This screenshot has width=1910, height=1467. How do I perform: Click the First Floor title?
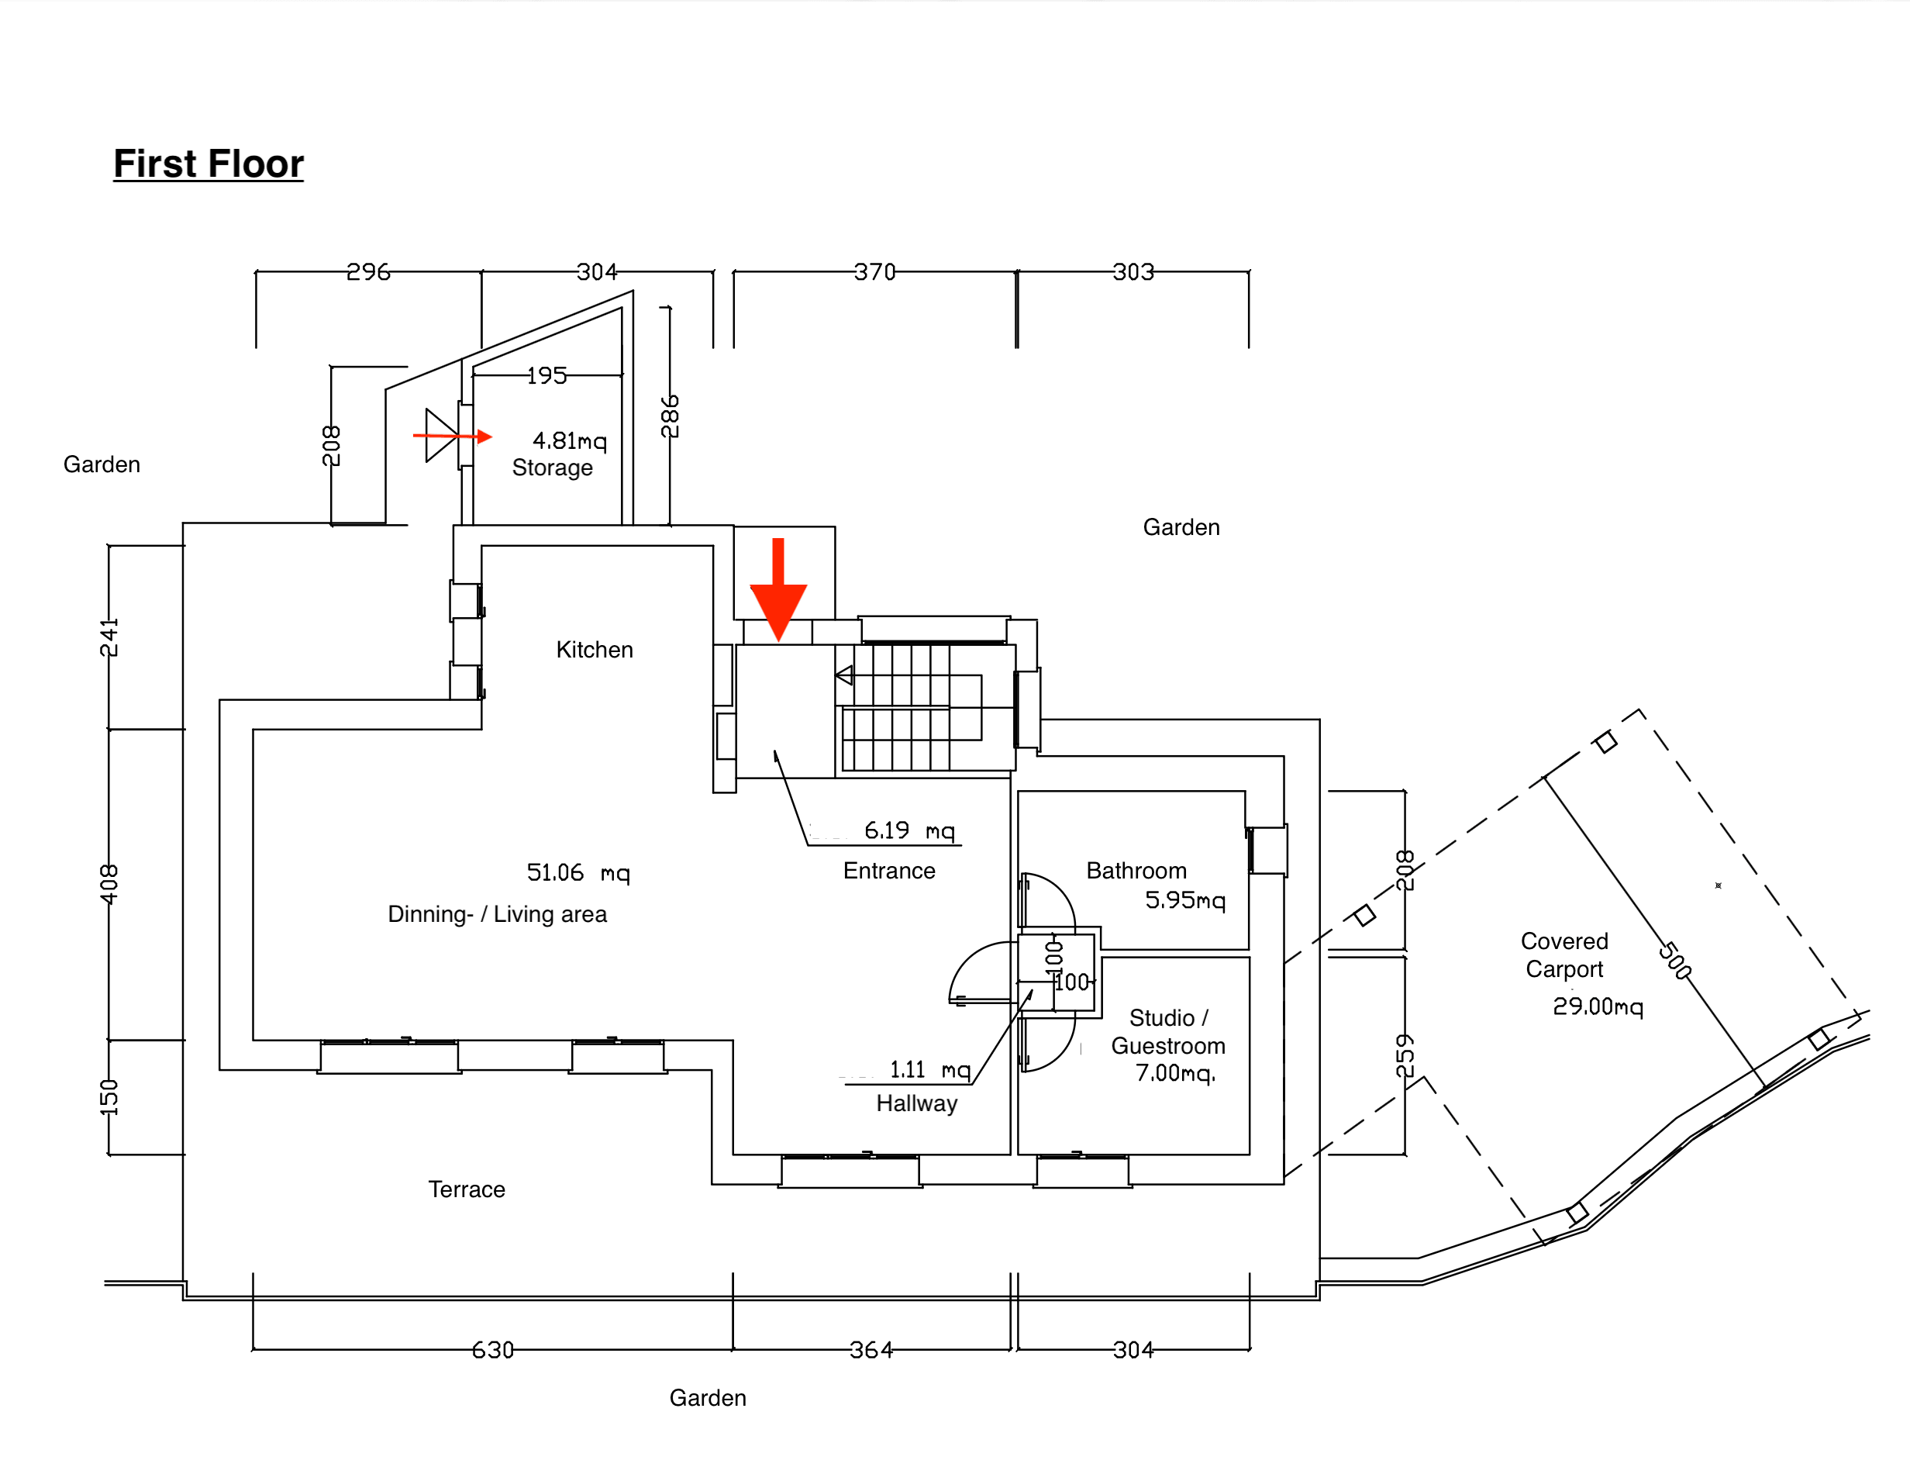pyautogui.click(x=209, y=164)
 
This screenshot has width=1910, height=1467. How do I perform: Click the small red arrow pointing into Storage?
pyautogui.click(x=454, y=435)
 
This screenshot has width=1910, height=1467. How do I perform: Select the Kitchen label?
pyautogui.click(x=595, y=650)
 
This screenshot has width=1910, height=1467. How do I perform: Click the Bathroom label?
pyautogui.click(x=1136, y=871)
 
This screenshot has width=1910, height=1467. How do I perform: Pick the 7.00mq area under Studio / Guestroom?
pyautogui.click(x=1175, y=1072)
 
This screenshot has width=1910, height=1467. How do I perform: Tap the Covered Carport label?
pyautogui.click(x=1564, y=954)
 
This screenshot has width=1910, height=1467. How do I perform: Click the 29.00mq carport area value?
pyautogui.click(x=1598, y=1006)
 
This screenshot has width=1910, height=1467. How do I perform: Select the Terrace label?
pyautogui.click(x=466, y=1189)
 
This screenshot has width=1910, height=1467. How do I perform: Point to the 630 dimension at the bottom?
pyautogui.click(x=493, y=1350)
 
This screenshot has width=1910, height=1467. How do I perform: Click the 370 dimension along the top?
pyautogui.click(x=874, y=272)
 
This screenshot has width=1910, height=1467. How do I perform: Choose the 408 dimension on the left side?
pyautogui.click(x=109, y=884)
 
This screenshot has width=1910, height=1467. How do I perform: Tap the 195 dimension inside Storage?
pyautogui.click(x=547, y=375)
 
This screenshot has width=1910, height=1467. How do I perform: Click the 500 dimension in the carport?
pyautogui.click(x=1675, y=961)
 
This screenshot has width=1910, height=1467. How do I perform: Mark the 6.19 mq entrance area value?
pyautogui.click(x=908, y=830)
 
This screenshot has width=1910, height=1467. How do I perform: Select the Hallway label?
pyautogui.click(x=916, y=1104)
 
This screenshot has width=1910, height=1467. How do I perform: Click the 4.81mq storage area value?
pyautogui.click(x=569, y=440)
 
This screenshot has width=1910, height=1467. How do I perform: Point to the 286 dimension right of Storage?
pyautogui.click(x=670, y=416)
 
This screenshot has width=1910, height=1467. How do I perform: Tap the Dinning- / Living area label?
pyautogui.click(x=497, y=914)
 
